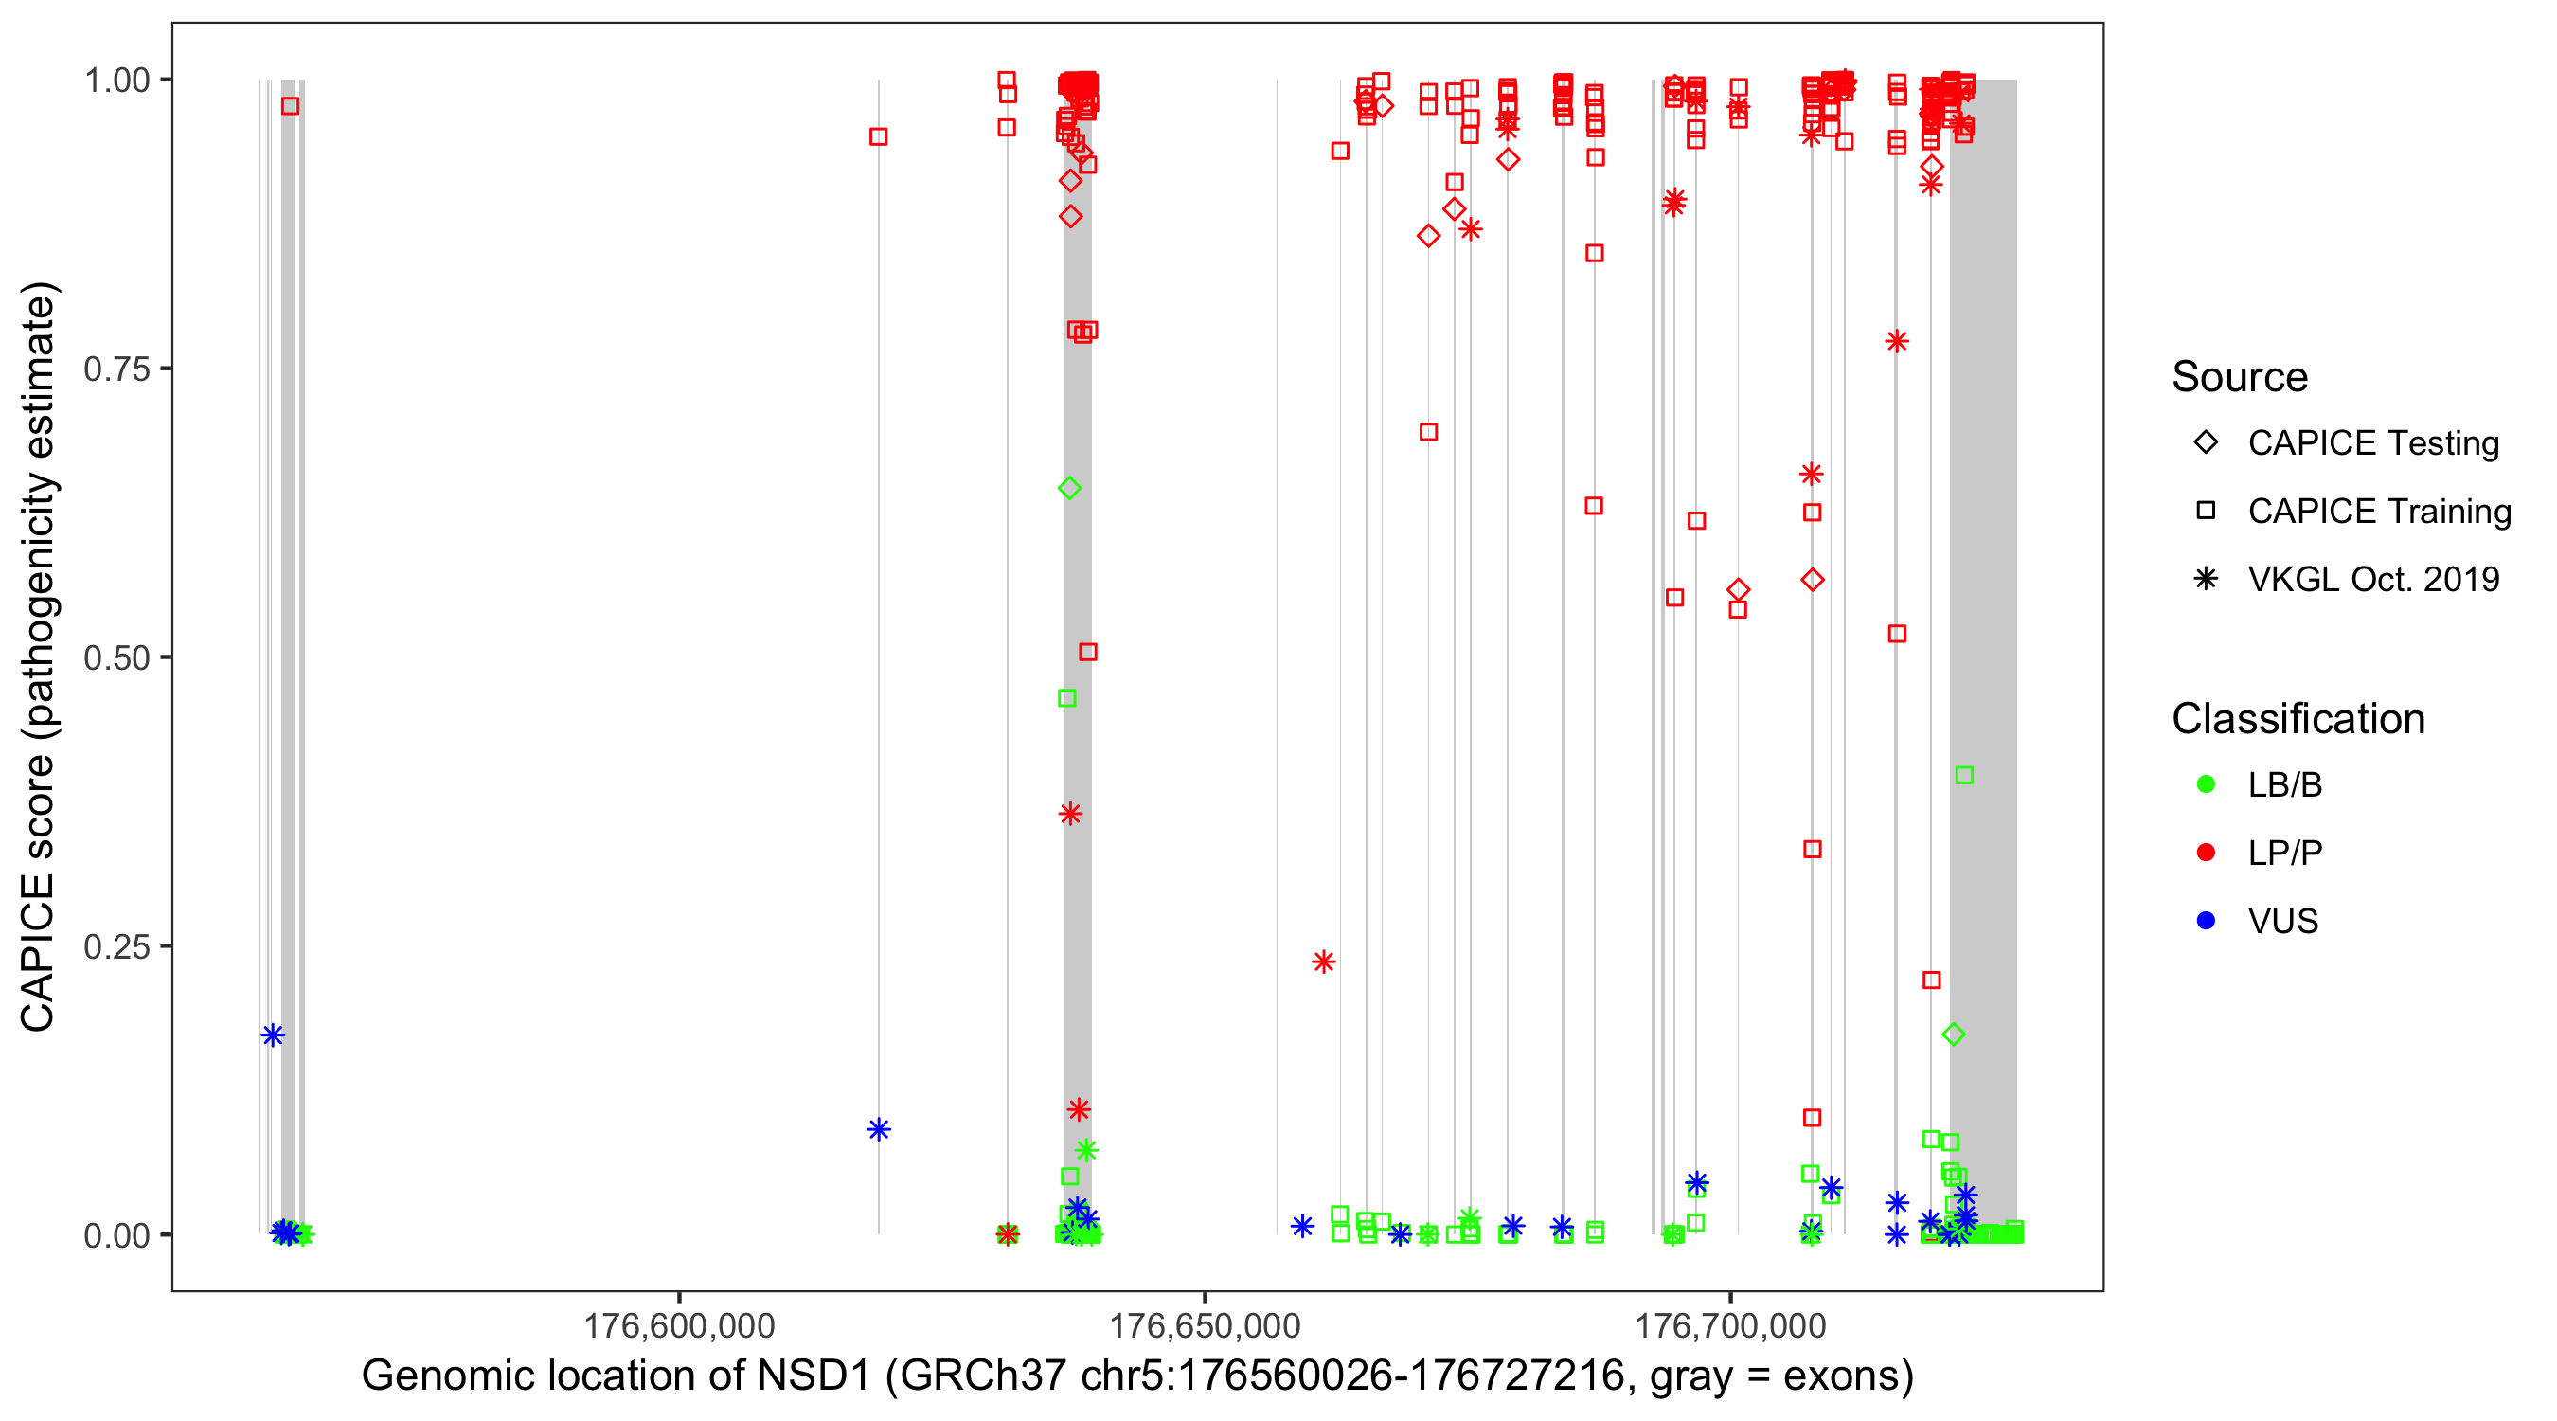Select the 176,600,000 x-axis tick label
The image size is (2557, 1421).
679,1325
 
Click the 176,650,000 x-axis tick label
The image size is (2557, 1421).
1204,1325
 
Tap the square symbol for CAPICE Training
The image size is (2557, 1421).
2206,511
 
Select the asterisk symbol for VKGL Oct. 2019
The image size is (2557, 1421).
2206,579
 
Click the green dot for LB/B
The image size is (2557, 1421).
2206,784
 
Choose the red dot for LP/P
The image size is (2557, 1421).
2206,853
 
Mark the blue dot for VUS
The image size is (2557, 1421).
2206,921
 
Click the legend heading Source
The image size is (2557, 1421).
2240,377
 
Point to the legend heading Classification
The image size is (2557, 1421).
2298,719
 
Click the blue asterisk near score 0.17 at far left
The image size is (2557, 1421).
273,1035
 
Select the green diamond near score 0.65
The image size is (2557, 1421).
1069,488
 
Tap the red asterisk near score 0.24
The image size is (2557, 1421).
1323,962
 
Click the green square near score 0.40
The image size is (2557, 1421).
1963,776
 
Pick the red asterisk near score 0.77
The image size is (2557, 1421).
1897,342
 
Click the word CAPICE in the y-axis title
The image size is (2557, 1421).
38,951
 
